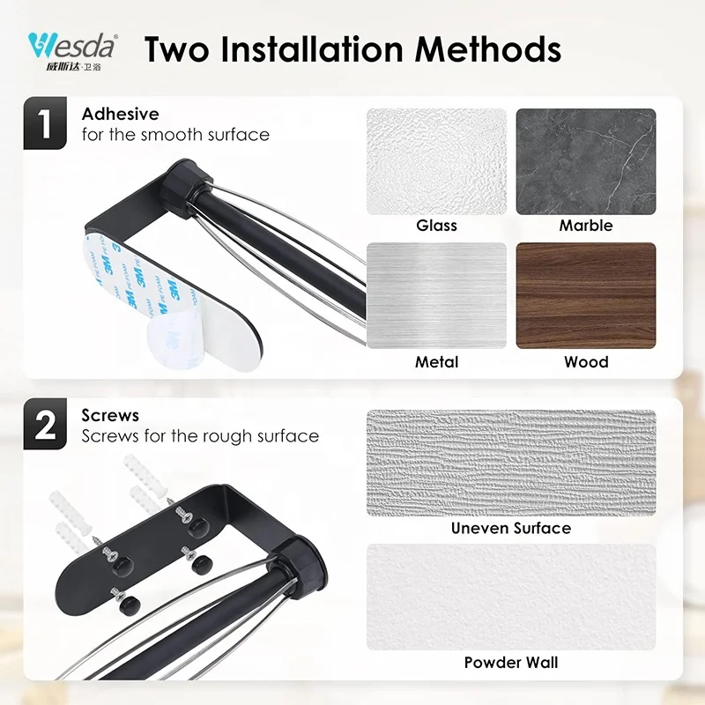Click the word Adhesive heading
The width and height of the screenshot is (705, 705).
click(x=121, y=114)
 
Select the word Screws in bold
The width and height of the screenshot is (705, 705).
click(x=111, y=415)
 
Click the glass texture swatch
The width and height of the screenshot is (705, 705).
click(x=436, y=160)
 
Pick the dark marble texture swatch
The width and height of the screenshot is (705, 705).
click(x=585, y=160)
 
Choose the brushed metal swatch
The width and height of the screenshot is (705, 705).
click(x=436, y=295)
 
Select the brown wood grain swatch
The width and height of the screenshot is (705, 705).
click(x=585, y=295)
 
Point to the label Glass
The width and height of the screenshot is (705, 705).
click(x=436, y=226)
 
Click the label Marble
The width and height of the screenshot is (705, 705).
click(x=585, y=226)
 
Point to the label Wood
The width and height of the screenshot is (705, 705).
click(x=586, y=361)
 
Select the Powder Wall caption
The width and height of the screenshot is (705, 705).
click(x=511, y=663)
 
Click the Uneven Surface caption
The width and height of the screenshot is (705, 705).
click(x=511, y=529)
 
